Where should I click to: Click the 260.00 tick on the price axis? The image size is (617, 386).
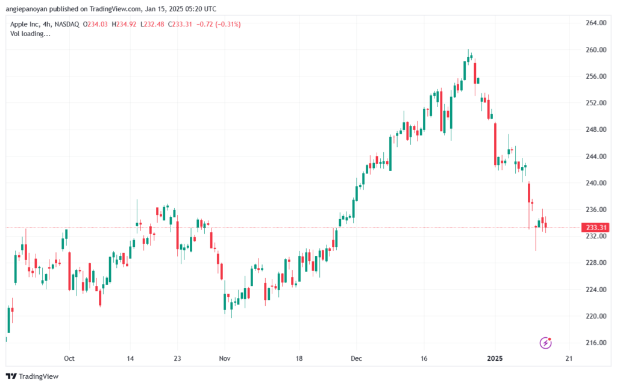[596, 50]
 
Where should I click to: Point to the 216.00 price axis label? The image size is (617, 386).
[596, 343]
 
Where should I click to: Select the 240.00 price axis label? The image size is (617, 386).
[596, 183]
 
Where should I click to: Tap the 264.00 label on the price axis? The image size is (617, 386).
[596, 23]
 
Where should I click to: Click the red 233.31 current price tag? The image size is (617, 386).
[596, 228]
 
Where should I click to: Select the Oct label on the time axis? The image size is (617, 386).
[69, 358]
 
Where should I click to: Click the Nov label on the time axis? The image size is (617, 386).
[225, 358]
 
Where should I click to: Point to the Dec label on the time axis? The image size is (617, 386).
[357, 358]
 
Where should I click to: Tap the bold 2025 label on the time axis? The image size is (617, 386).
[495, 358]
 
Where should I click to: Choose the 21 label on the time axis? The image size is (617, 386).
[569, 358]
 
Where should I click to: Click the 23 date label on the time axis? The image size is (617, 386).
[178, 358]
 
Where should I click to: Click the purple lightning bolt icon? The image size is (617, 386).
[545, 343]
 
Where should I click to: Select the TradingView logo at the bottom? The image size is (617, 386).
[33, 376]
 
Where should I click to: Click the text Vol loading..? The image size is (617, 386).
[30, 34]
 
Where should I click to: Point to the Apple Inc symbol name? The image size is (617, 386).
[25, 24]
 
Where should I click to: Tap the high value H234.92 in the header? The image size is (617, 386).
[124, 24]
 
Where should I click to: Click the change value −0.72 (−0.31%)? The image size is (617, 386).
[218, 24]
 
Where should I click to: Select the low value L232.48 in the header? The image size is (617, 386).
[152, 24]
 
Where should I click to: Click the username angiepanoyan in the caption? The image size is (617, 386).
[27, 9]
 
